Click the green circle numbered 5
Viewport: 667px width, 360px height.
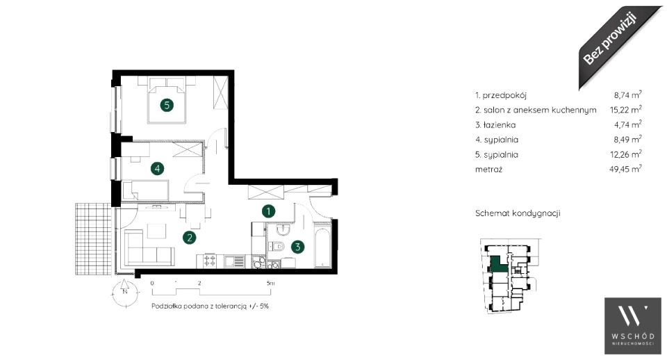(167, 105)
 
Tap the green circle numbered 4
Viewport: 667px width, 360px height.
(158, 168)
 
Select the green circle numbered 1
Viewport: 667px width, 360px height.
(268, 211)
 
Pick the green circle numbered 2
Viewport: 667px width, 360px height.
(189, 238)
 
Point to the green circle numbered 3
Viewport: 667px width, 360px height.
(298, 246)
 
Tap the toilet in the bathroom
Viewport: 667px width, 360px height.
(277, 246)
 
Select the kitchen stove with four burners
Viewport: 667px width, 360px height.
(209, 261)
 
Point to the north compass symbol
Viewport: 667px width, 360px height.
(124, 292)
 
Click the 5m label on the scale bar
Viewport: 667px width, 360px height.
(270, 283)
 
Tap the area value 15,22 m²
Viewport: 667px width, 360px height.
(625, 110)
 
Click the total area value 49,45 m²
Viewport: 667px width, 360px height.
(625, 169)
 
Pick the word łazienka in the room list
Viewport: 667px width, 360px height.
(500, 124)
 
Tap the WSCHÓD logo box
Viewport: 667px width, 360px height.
(632, 325)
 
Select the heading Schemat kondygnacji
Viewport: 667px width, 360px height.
(518, 213)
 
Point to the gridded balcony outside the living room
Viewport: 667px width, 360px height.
(93, 238)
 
